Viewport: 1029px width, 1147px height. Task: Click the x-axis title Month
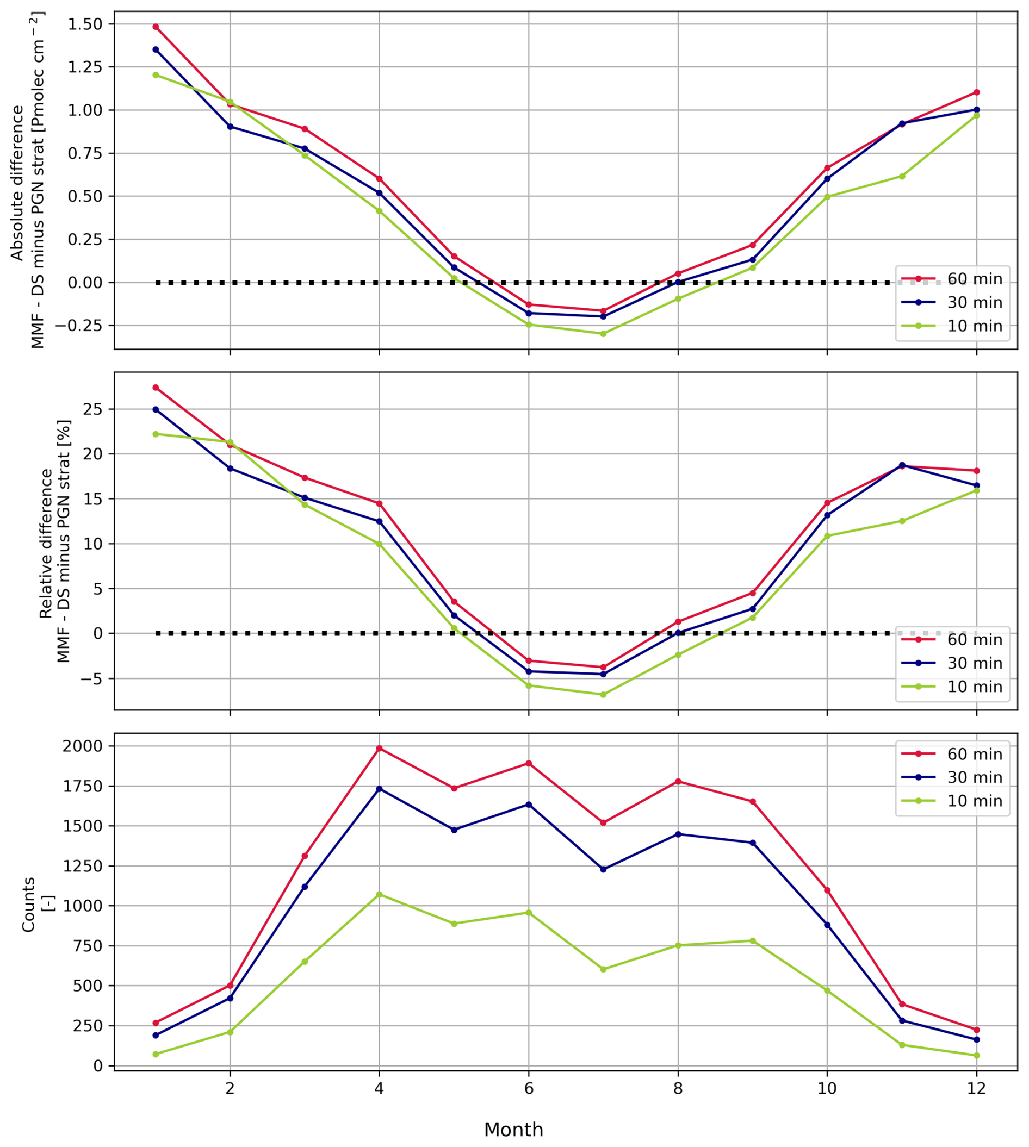tap(513, 1130)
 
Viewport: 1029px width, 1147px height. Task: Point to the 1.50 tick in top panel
tap(86, 24)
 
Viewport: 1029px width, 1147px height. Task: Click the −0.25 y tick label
tap(82, 326)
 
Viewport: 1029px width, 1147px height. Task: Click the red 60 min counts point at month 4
tap(380, 749)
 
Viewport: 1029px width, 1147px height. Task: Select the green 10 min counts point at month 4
tap(380, 894)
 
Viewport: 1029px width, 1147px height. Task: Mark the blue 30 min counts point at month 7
tap(603, 870)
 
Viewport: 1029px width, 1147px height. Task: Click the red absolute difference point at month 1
tap(156, 27)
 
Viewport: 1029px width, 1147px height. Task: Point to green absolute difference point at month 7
tap(603, 334)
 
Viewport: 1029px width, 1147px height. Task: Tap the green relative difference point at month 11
tap(902, 521)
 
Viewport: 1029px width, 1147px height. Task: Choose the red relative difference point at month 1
tap(156, 388)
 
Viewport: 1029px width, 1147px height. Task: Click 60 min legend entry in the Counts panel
tap(975, 755)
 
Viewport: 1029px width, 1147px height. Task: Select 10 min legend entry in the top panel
tap(975, 326)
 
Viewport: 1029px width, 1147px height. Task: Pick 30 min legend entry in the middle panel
tap(975, 663)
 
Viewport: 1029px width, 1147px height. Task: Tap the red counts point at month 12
tap(976, 1030)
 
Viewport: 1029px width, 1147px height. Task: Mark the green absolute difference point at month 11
tap(902, 176)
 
